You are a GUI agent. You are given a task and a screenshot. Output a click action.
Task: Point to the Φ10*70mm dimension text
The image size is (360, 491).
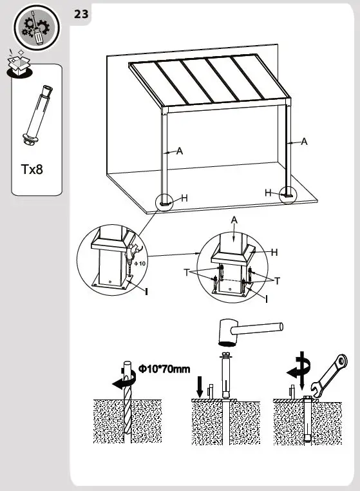[164, 369]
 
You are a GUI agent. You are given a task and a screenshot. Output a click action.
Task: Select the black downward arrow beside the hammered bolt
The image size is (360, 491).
[200, 388]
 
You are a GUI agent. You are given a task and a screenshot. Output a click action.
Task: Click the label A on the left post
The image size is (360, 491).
[180, 151]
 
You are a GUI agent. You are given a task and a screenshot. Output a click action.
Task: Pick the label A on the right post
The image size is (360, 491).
[304, 141]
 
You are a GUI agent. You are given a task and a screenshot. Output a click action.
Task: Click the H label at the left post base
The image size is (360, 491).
[184, 198]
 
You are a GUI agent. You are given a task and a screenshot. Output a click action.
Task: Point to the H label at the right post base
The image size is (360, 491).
[269, 192]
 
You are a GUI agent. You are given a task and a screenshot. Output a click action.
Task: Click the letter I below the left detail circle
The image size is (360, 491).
[146, 293]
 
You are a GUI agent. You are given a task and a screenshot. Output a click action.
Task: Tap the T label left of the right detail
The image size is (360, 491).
[186, 273]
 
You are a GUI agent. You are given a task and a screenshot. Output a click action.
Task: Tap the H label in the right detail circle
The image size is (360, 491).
[274, 253]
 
